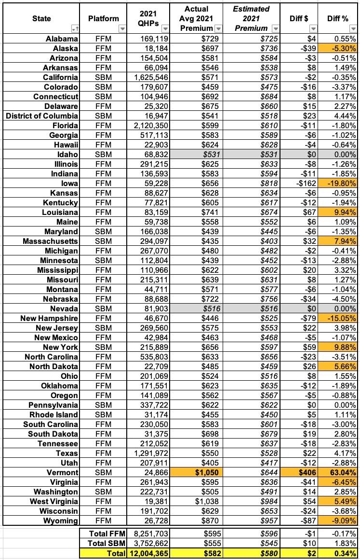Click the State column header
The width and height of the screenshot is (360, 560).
tap(41, 18)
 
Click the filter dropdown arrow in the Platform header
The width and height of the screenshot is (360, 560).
tap(121, 29)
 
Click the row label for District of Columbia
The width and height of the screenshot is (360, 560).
tap(42, 116)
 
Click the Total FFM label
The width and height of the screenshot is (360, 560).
tap(104, 534)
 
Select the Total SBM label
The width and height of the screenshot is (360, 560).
tap(104, 544)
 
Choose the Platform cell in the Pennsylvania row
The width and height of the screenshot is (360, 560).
tap(103, 405)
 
